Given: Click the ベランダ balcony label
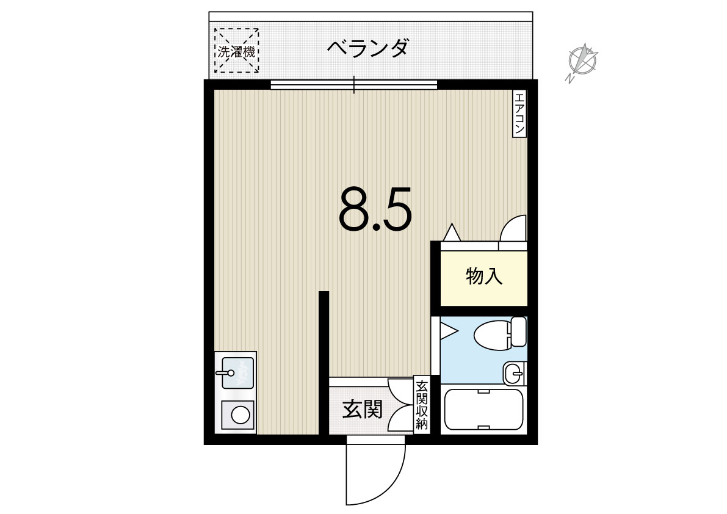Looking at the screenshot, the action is click(x=367, y=48).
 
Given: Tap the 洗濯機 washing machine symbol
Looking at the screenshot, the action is click(x=236, y=51).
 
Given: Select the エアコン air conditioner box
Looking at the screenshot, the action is click(x=519, y=114).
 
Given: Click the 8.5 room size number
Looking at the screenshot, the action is click(x=375, y=209).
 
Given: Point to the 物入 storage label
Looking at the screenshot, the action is click(x=484, y=277).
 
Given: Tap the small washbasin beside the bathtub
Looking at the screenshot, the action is click(x=514, y=373).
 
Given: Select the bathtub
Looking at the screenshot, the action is click(x=483, y=410).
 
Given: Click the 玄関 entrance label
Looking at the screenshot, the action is click(x=363, y=410).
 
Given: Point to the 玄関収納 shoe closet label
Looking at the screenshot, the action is click(x=421, y=405).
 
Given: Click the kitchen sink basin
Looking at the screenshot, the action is click(x=238, y=373).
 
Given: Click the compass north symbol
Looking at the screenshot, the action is click(x=582, y=61).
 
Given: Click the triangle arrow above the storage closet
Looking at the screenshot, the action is click(x=452, y=232).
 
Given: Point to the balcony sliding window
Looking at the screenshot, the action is click(x=354, y=85).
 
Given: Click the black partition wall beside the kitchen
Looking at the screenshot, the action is click(x=324, y=363).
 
